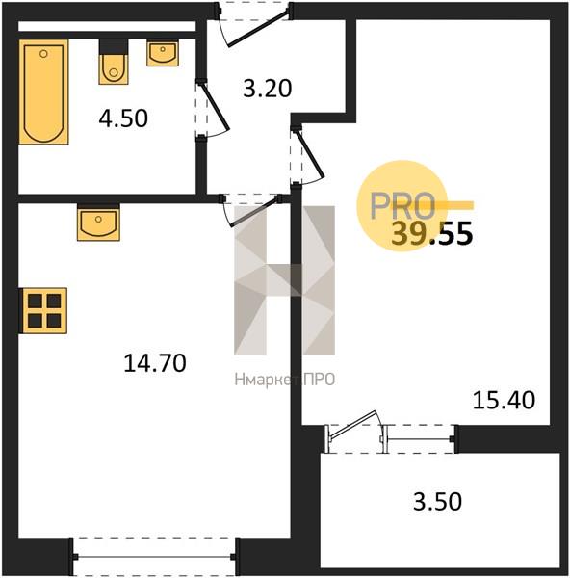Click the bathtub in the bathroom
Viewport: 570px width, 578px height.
click(44, 92)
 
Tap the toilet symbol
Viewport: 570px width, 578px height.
click(114, 62)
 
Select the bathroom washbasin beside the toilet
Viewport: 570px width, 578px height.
click(163, 53)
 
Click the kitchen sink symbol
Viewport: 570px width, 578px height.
click(98, 223)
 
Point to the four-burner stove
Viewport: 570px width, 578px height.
click(44, 311)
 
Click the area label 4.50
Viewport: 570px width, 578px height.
click(123, 118)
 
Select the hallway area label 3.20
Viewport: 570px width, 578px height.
click(268, 89)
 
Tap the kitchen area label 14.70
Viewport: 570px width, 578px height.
click(155, 363)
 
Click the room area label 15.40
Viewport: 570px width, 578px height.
click(504, 400)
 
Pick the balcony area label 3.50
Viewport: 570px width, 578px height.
click(437, 501)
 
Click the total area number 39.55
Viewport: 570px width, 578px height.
click(431, 234)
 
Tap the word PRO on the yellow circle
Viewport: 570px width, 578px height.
click(402, 205)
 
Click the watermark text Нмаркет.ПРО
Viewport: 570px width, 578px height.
click(284, 380)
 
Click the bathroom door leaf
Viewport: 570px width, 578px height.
click(215, 107)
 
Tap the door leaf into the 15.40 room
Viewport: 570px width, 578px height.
click(311, 152)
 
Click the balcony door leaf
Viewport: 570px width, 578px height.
click(353, 425)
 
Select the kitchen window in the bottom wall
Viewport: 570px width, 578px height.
click(154, 557)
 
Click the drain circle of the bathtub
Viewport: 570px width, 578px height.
click(43, 54)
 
